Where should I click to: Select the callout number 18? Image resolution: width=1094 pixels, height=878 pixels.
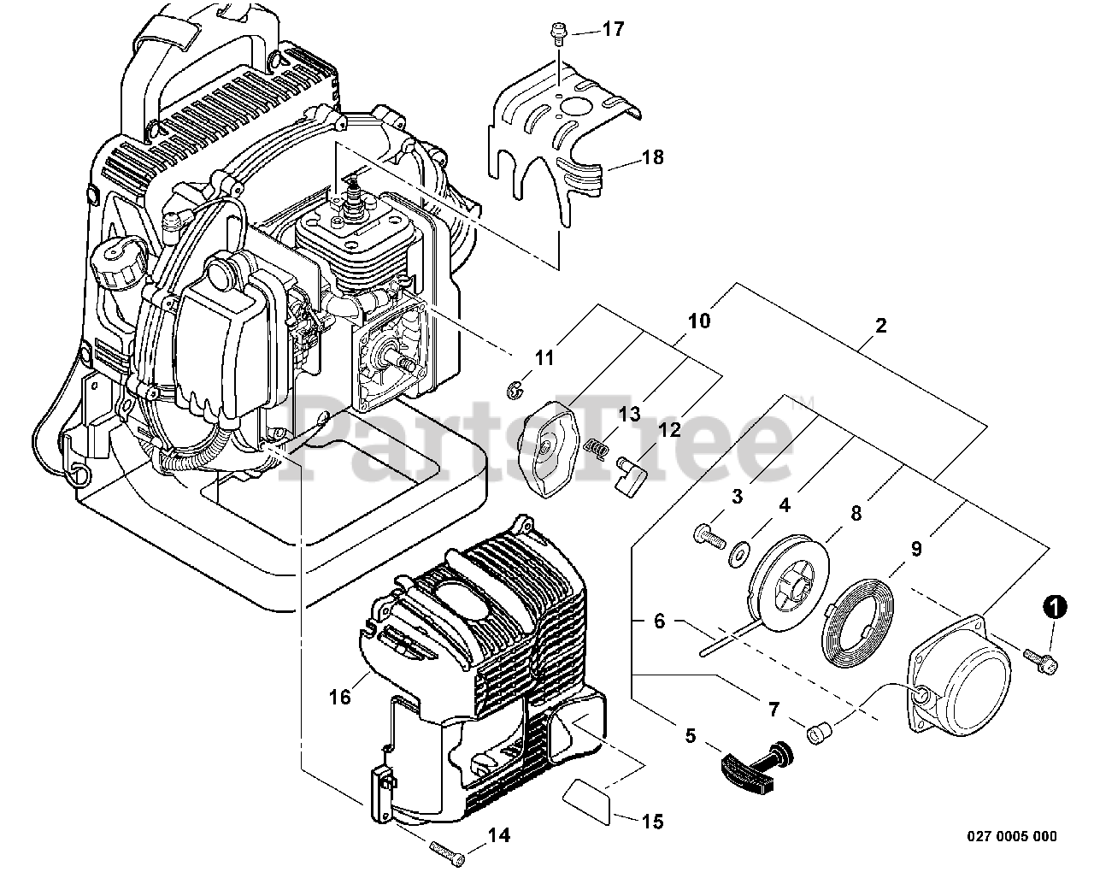[x=652, y=158]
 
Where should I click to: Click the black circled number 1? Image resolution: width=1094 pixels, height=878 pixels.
[x=1056, y=608]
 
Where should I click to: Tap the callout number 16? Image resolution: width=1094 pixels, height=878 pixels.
[x=339, y=697]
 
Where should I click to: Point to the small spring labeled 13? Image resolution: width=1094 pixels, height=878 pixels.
[x=597, y=445]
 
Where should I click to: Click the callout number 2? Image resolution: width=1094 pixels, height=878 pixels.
[x=880, y=326]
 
